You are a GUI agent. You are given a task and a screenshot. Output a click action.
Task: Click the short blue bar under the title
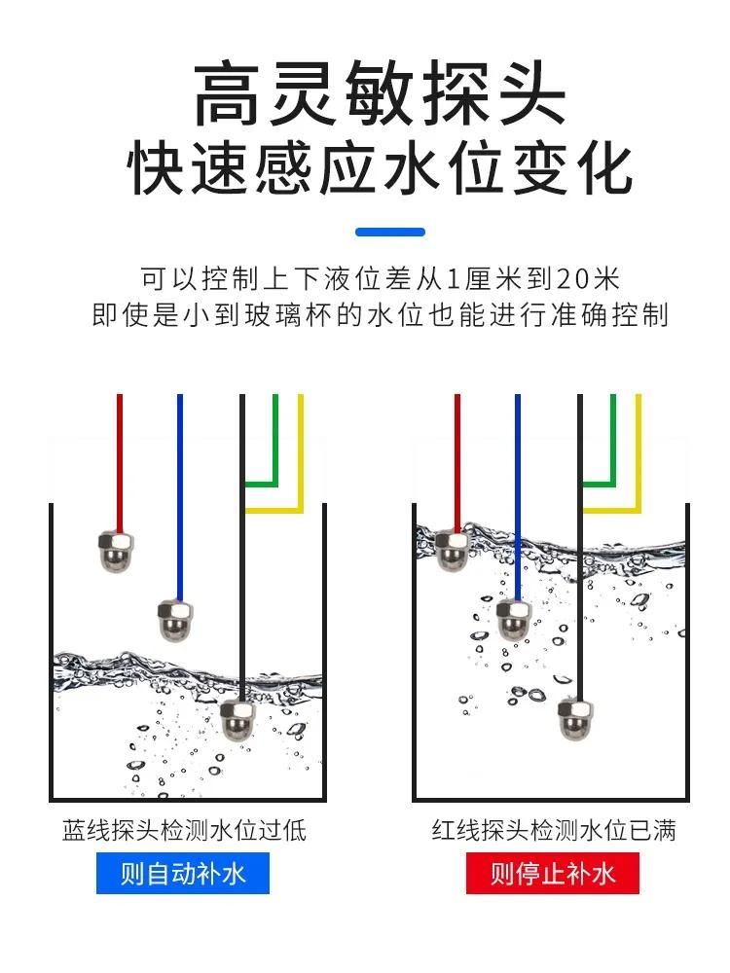(x=390, y=233)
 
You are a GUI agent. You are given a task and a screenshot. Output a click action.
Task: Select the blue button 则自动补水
(x=183, y=873)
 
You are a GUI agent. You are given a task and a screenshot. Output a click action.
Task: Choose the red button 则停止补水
(x=553, y=873)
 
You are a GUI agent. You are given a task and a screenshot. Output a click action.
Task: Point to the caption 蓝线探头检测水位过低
(x=185, y=830)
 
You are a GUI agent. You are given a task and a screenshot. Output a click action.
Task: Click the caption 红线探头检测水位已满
(x=554, y=830)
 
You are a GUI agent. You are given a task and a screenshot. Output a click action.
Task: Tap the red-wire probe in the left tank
(x=117, y=552)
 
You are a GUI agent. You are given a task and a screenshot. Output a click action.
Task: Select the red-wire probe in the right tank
(x=454, y=551)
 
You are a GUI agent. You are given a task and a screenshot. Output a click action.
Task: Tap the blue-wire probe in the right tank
(x=514, y=619)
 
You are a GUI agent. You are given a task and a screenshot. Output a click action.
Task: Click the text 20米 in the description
(x=588, y=280)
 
